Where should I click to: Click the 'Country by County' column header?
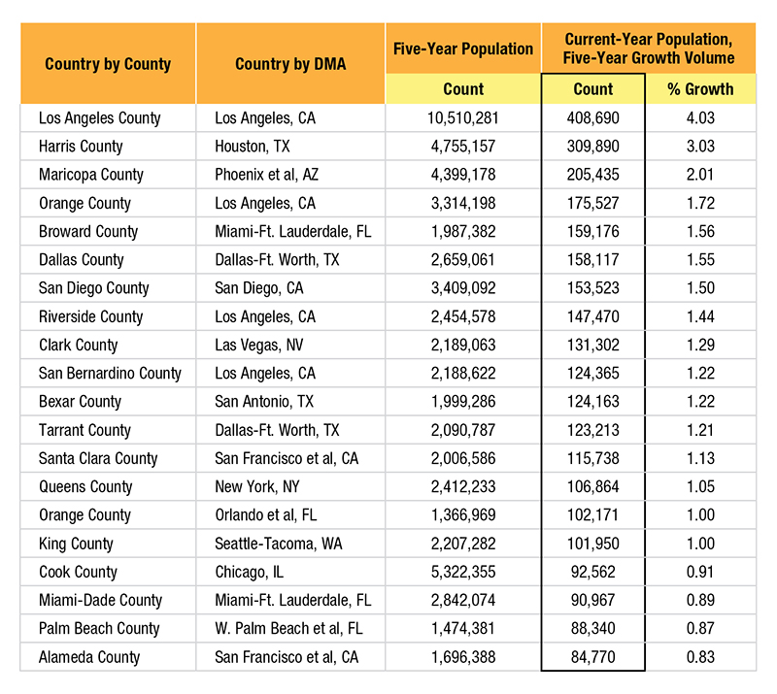point(108,64)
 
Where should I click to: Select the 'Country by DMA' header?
point(290,64)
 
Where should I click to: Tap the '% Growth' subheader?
point(700,89)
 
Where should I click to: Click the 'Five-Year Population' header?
point(463,50)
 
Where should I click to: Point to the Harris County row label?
point(81,147)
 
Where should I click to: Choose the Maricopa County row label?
point(91,175)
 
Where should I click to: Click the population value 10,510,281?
point(463,118)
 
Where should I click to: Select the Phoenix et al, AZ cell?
point(266,175)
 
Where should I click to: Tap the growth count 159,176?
point(593,232)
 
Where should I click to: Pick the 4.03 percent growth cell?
point(700,118)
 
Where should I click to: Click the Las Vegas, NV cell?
point(258,346)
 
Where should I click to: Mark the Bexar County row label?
point(80,402)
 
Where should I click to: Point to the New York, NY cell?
point(257,487)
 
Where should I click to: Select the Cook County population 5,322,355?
point(463,572)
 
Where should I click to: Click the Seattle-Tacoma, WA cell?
point(279,544)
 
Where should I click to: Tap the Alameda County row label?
point(89,657)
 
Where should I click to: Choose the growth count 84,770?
point(593,657)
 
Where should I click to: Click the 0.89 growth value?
point(700,601)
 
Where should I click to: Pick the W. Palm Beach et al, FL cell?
point(288,629)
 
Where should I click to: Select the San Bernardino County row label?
point(110,374)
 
